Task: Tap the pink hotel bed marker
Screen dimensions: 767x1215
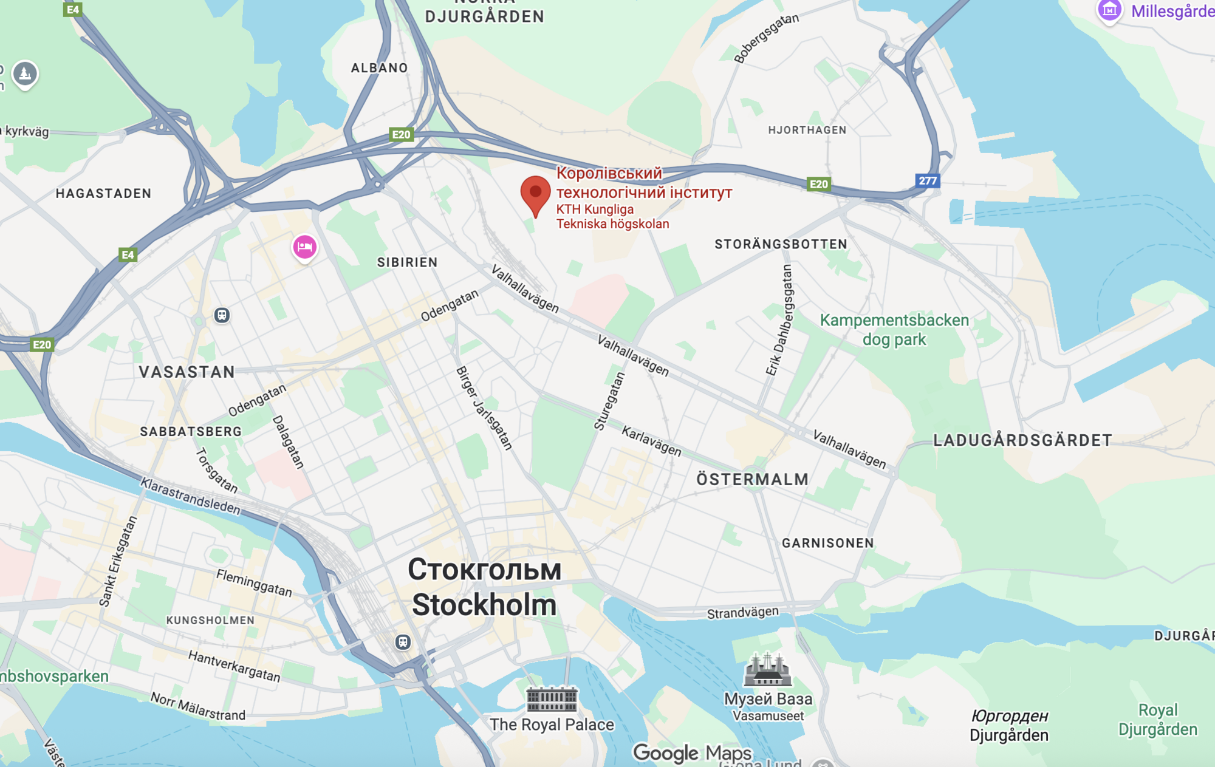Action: pos(304,247)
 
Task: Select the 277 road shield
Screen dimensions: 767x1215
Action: pos(927,180)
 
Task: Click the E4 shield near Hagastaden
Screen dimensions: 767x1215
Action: pos(128,254)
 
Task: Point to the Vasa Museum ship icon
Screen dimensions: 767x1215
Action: pos(767,669)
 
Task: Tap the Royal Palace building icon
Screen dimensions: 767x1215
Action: pos(552,699)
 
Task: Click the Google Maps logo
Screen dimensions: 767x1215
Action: pos(692,753)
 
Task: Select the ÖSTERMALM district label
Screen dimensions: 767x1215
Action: pos(752,479)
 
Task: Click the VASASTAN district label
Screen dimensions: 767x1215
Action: pos(187,372)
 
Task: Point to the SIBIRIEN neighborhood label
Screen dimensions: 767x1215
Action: pos(407,262)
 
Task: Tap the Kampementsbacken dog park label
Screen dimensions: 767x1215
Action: pos(894,330)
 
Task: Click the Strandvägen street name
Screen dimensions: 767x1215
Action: pos(742,612)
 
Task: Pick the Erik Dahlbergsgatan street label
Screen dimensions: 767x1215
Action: pos(780,320)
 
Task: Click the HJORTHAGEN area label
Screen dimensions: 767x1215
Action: pos(807,130)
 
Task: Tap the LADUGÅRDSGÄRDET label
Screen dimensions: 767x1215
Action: pos(1022,440)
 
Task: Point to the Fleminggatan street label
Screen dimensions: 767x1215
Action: pos(254,583)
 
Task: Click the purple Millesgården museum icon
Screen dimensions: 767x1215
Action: pos(1109,10)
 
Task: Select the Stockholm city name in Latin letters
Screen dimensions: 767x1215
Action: pos(484,605)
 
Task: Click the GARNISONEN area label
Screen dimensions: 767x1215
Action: pos(827,543)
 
